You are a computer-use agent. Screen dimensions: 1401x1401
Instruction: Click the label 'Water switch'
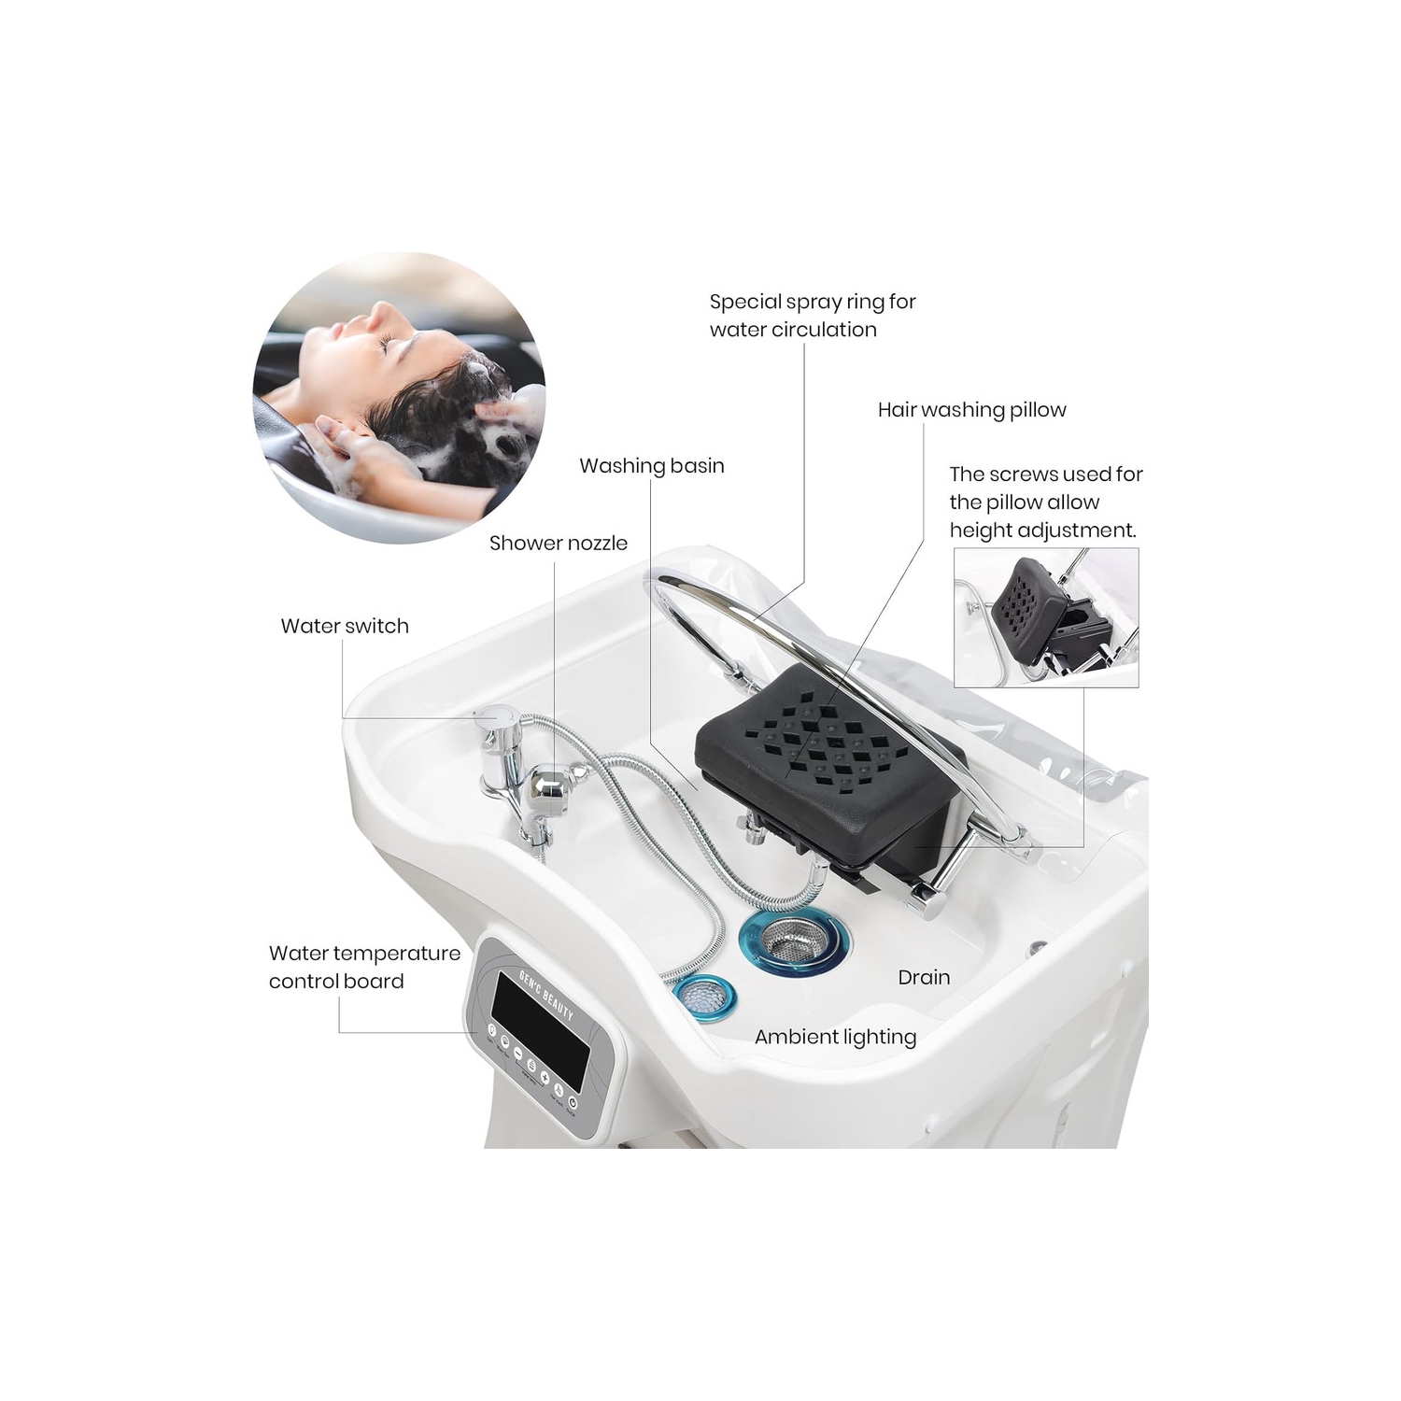click(x=345, y=626)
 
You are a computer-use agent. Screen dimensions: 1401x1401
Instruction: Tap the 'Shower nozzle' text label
click(x=558, y=543)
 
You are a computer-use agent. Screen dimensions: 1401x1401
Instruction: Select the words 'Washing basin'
click(x=651, y=465)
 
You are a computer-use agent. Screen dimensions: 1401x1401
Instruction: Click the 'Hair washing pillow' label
click(x=971, y=409)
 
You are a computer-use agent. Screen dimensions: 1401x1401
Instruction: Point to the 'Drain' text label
click(x=923, y=977)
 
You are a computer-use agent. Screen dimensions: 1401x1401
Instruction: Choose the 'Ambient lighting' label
click(x=835, y=1037)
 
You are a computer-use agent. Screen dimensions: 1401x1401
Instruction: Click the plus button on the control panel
click(x=545, y=1078)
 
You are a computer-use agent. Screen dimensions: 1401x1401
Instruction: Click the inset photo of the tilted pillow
click(x=1046, y=616)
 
